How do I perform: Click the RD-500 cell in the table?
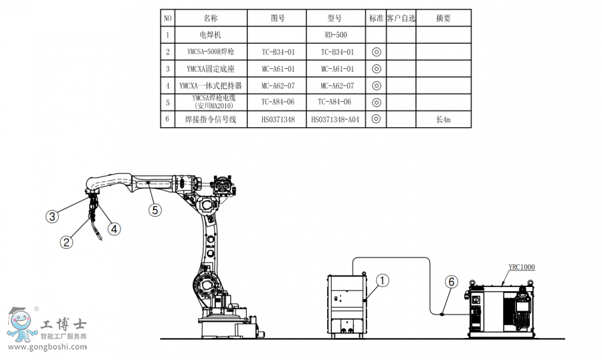(336, 34)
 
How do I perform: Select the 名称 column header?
(211, 18)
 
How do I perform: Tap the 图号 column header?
(277, 18)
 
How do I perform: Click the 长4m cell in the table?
(443, 119)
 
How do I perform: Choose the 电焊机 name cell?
(211, 34)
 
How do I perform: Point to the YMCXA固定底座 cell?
(211, 68)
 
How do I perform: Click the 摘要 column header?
(443, 18)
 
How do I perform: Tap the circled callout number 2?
(66, 242)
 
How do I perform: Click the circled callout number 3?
(52, 215)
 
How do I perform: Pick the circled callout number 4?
(114, 228)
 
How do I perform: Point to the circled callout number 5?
(155, 210)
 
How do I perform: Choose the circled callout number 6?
(451, 282)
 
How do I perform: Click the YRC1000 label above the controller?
(522, 267)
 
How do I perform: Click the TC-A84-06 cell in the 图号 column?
(277, 102)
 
